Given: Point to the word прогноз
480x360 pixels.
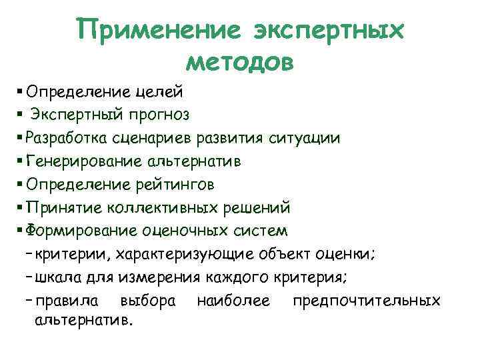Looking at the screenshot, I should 159,115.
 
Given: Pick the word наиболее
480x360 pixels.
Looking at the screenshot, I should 233,301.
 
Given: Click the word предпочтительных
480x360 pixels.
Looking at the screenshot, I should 366,301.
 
